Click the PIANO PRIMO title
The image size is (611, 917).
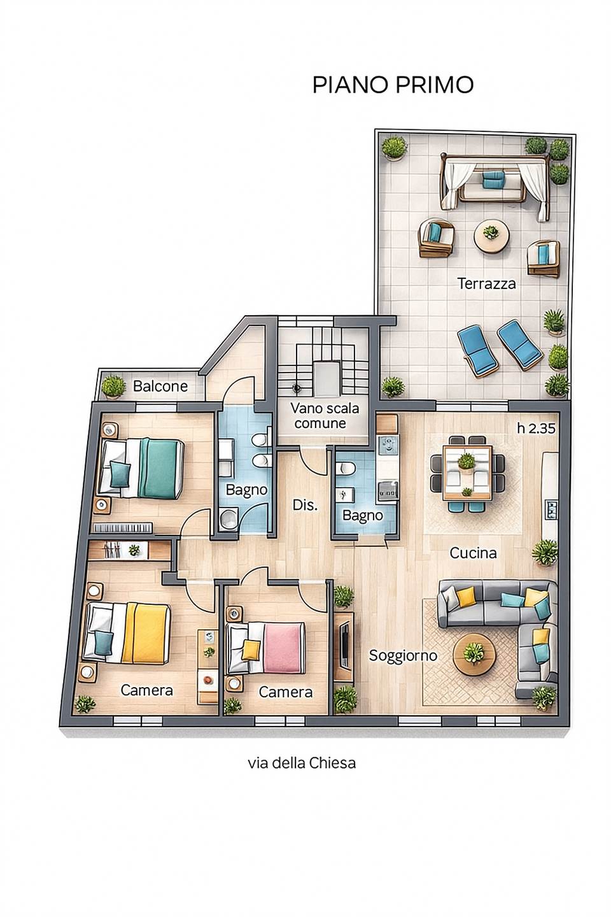[393, 85]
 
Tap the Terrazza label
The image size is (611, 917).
[487, 283]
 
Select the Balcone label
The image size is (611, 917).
[160, 386]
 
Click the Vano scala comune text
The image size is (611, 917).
[325, 415]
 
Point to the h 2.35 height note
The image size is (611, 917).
[536, 428]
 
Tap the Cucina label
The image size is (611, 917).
[473, 553]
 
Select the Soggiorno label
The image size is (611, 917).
[403, 655]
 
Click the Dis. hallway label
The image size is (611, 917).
[305, 505]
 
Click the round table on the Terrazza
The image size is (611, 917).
[491, 235]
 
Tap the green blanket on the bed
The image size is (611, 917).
[160, 468]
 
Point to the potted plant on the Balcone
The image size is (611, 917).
[113, 386]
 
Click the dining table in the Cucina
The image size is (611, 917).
[467, 473]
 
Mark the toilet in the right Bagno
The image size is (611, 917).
[345, 467]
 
